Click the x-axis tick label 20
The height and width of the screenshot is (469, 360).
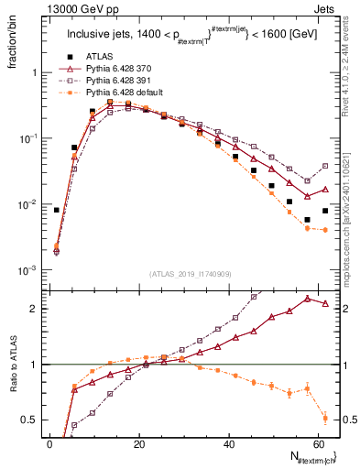137,443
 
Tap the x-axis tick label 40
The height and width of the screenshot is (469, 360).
227,443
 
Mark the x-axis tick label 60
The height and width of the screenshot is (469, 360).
317,443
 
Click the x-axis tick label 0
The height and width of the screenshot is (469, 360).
49,443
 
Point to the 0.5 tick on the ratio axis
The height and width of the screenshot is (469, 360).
32,420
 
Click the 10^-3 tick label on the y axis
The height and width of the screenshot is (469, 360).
27,270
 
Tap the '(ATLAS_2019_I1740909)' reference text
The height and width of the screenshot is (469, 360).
189,274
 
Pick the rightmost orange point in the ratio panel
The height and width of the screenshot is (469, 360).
325,420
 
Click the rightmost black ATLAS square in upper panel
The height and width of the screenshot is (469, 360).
325,211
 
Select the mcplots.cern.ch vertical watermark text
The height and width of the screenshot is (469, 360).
350,220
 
